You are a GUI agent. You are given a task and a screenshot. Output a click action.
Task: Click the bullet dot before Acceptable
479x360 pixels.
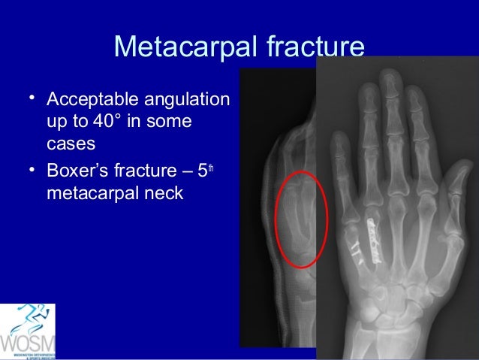32,98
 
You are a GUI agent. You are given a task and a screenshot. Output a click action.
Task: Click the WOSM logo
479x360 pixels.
28,331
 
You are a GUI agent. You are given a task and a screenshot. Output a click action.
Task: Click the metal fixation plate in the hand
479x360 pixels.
372,237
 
